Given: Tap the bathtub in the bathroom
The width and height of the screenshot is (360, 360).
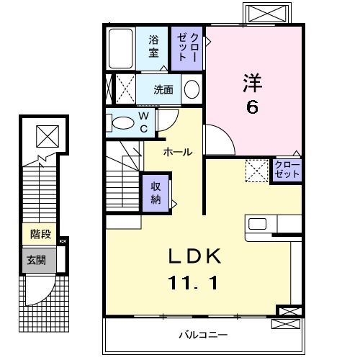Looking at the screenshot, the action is pos(121,49).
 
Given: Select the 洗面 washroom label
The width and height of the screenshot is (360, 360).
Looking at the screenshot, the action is pos(163,90).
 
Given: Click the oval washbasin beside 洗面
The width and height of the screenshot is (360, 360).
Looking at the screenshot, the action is pos(192,89).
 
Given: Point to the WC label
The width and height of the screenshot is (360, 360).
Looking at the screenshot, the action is pos(144,122).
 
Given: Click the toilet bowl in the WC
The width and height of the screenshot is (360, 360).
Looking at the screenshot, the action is pos(123,122).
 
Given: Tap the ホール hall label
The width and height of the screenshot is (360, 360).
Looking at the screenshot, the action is pos(178,152).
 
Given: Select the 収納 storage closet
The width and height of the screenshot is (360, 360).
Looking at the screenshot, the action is pos(156,193).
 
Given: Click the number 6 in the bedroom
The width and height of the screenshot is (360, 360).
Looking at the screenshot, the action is pos(252,107).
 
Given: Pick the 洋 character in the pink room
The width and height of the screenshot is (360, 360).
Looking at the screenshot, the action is pos(253,83).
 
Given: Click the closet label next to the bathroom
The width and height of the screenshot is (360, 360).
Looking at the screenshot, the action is pos(187,48).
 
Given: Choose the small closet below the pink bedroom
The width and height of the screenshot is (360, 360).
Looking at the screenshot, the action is pos(287,169).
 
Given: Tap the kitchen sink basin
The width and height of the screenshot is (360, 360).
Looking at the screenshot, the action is pos(257,224).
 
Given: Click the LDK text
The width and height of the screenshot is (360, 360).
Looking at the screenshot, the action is pos(194,256).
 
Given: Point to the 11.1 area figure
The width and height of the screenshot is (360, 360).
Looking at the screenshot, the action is pos(194,283).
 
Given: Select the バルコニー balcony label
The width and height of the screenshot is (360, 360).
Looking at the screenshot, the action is pos(203,335).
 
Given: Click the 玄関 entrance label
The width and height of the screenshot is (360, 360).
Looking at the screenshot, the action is pos(36,261).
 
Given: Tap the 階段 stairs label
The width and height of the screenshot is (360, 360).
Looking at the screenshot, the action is pos(41,234).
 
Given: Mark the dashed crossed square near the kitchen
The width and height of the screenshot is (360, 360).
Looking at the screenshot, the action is pos(257,171).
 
